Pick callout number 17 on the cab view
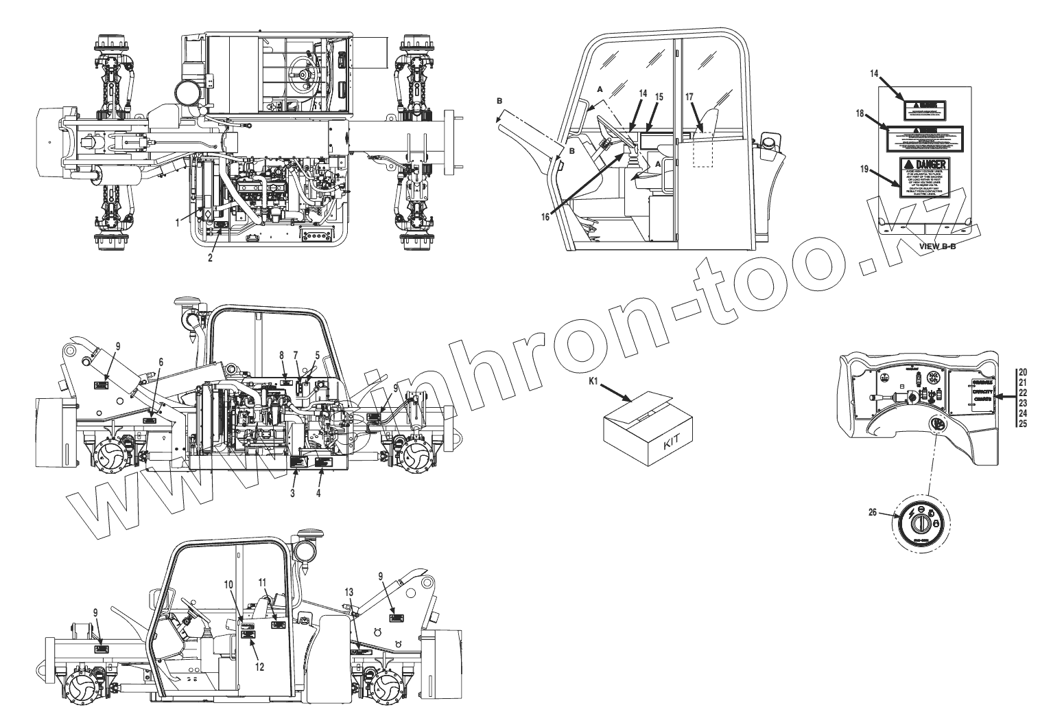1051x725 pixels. tap(689, 97)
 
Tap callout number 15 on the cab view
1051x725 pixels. tap(659, 97)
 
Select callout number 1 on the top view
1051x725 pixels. tap(177, 222)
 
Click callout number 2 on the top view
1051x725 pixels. tap(211, 258)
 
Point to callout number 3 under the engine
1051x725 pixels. tap(293, 492)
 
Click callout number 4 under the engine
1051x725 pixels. tap(318, 492)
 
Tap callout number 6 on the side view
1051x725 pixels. tap(161, 360)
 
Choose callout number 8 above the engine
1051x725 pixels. tap(281, 354)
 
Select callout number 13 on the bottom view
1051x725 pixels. tap(350, 591)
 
